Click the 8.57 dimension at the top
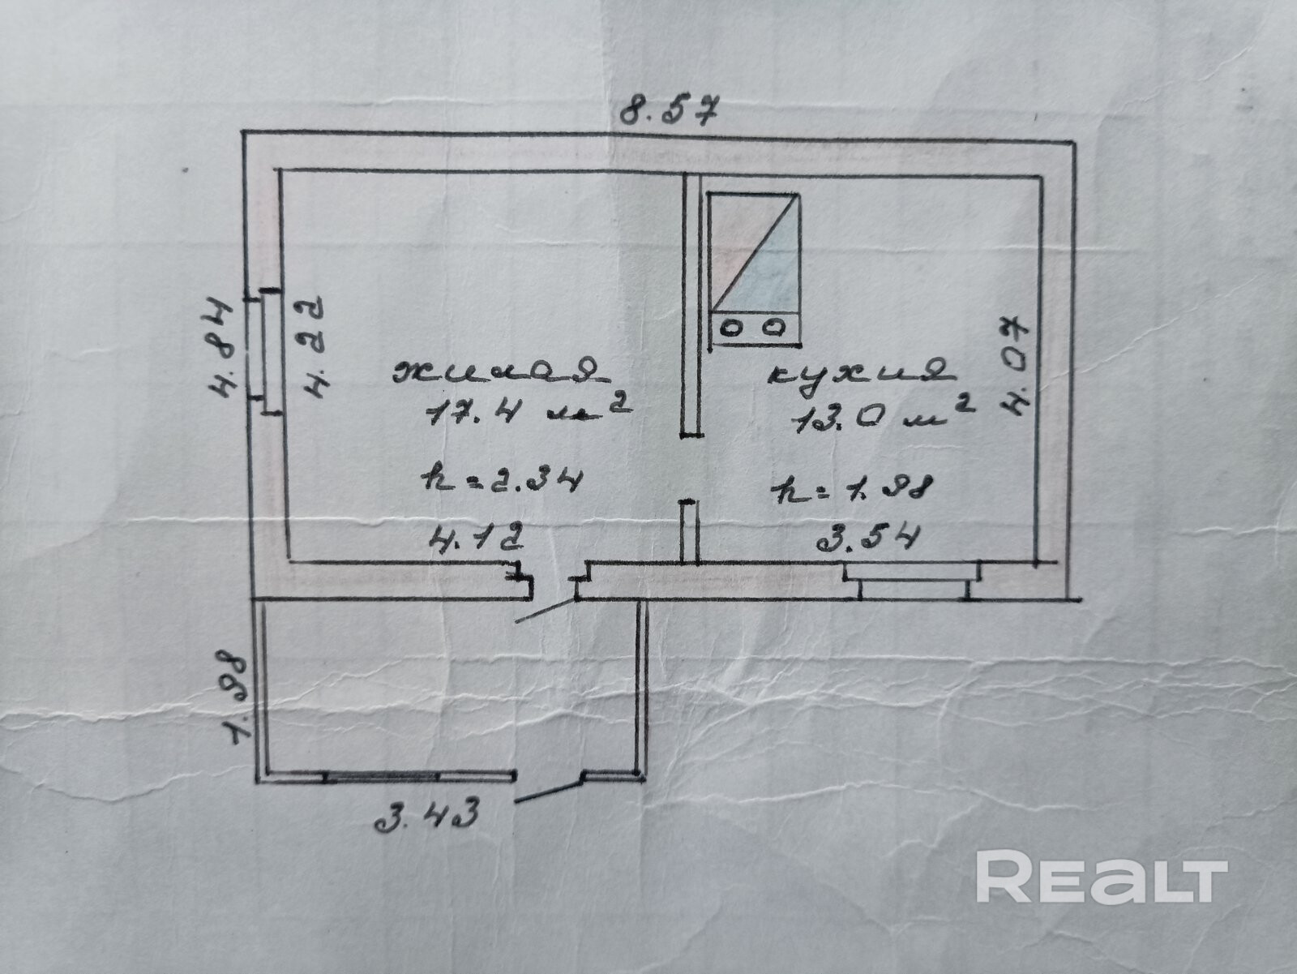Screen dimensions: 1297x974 (670, 109)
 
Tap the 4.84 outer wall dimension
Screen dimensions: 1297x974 (219, 349)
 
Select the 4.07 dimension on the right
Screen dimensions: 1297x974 (1017, 366)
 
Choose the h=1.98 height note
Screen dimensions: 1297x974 (853, 487)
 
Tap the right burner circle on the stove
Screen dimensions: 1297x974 (776, 328)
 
